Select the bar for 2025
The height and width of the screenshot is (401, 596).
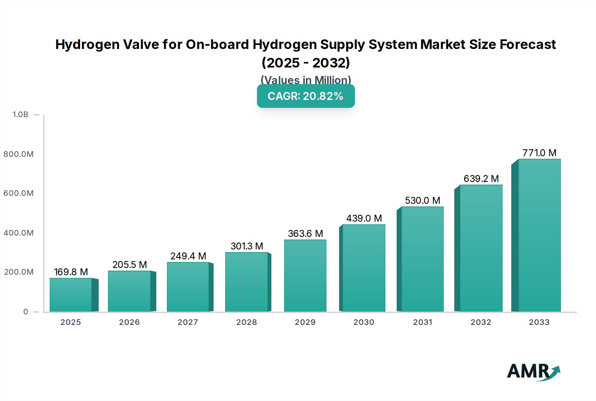click(x=71, y=295)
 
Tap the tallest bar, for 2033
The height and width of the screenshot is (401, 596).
click(x=539, y=235)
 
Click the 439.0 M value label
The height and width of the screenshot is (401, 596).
click(x=364, y=218)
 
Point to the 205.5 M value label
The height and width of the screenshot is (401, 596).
click(x=129, y=265)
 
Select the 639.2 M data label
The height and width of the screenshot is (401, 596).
click(x=481, y=179)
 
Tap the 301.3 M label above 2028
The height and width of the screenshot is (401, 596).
click(x=247, y=246)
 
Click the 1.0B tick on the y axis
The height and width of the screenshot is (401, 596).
click(x=21, y=114)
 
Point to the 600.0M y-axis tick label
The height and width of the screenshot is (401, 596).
click(x=19, y=193)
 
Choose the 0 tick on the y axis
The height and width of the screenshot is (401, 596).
click(x=25, y=312)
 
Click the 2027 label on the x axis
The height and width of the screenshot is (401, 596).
click(x=188, y=322)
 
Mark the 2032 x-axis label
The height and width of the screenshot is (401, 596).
click(x=481, y=322)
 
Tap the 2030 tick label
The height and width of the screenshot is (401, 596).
click(x=364, y=322)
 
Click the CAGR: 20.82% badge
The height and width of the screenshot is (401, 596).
click(x=306, y=96)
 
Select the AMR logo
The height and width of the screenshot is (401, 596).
click(x=533, y=372)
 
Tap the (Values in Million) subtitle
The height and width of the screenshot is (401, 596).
click(x=306, y=80)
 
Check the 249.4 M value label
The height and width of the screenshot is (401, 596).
click(x=188, y=256)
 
